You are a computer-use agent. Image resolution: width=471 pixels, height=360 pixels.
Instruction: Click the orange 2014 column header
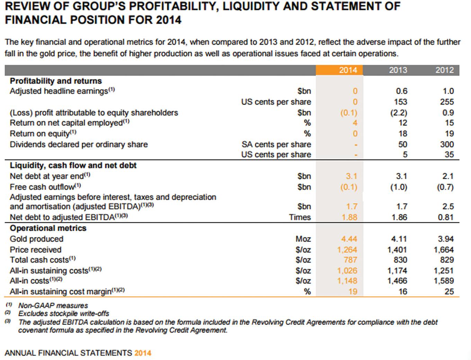click(x=348, y=70)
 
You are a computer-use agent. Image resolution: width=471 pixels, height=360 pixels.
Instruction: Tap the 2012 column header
click(x=444, y=70)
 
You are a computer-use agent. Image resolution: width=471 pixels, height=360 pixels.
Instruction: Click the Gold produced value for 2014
click(x=349, y=239)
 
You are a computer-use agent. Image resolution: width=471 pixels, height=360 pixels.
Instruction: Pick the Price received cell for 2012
click(x=443, y=250)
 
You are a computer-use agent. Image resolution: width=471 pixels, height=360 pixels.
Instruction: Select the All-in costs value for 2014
click(x=347, y=281)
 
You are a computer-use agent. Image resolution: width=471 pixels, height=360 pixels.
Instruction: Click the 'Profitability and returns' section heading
click(x=56, y=81)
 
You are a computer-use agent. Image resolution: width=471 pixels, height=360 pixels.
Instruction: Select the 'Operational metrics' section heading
click(x=48, y=228)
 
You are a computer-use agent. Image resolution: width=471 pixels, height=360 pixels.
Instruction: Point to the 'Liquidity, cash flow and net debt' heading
click(x=73, y=166)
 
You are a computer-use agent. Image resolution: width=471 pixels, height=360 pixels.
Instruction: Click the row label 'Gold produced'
click(x=37, y=239)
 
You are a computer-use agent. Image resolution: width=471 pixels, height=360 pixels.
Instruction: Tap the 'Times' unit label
click(x=300, y=217)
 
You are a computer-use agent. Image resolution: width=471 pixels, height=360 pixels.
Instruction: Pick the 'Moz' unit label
click(x=303, y=239)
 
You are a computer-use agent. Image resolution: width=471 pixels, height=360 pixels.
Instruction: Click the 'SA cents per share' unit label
click(x=276, y=144)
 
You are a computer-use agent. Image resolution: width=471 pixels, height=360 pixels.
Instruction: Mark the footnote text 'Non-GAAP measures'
click(x=53, y=306)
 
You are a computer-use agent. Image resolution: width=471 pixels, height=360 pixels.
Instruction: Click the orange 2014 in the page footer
click(x=143, y=353)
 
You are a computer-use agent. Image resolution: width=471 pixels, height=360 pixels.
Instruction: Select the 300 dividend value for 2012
click(x=447, y=144)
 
